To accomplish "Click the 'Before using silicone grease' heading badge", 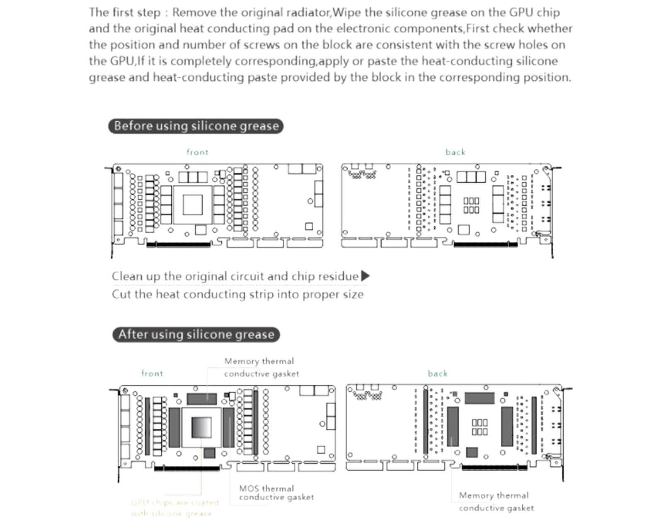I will (x=196, y=126).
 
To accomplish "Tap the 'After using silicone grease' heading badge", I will (x=196, y=335).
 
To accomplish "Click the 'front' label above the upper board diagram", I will (x=197, y=152).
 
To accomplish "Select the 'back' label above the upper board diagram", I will (x=455, y=152).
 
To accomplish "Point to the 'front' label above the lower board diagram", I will (x=152, y=373).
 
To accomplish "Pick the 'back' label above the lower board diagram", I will (x=438, y=373).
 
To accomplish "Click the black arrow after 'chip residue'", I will (x=365, y=276).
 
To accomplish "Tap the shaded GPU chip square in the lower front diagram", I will (x=201, y=427).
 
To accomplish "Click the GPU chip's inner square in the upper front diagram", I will (x=193, y=205).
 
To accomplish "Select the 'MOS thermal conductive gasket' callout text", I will (x=276, y=493).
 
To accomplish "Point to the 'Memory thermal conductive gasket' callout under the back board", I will (x=496, y=501).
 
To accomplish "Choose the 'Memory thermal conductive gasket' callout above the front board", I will (x=261, y=367).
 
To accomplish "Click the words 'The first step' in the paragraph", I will (x=124, y=12).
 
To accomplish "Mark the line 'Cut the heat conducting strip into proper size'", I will (x=237, y=294).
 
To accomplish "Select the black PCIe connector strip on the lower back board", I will (x=494, y=467).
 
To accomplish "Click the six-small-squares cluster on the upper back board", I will (x=471, y=205).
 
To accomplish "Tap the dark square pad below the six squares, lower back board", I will (x=472, y=452).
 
